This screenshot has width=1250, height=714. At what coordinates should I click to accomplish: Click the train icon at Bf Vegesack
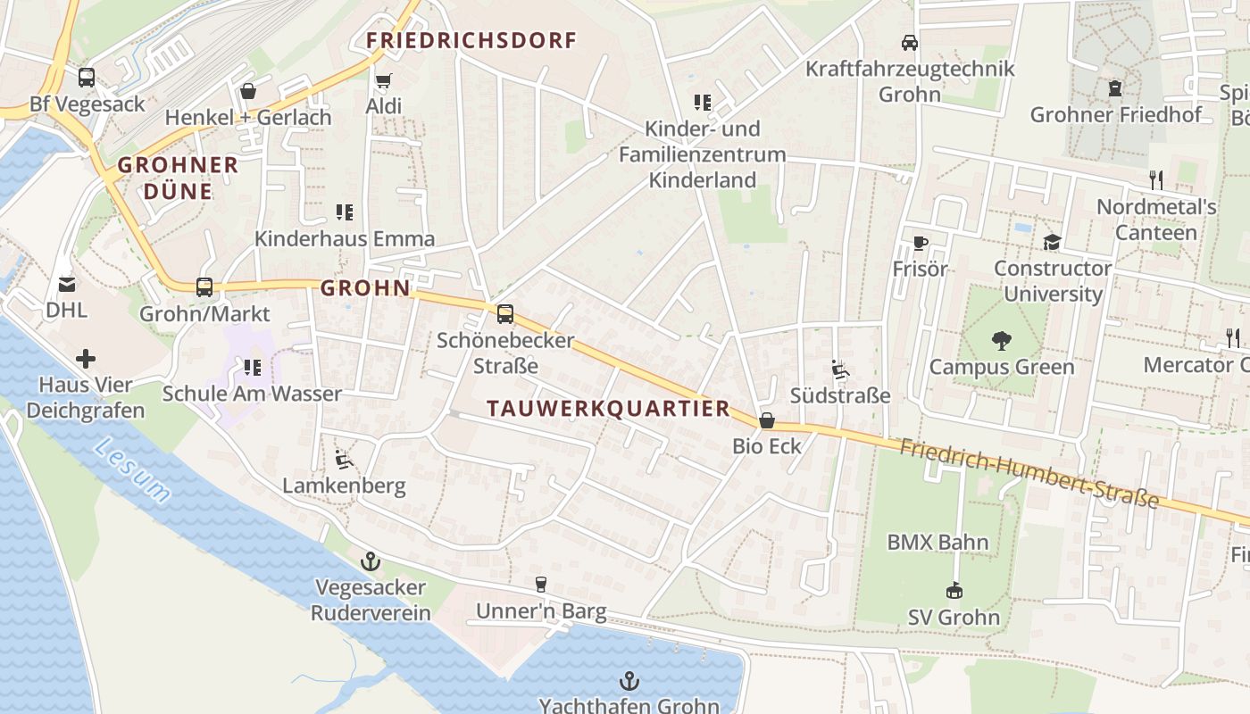87,78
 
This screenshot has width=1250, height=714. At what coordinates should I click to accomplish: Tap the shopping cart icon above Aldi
384,81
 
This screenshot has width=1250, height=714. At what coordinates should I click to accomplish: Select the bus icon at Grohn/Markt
204,287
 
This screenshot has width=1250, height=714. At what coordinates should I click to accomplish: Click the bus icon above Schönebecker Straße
505,314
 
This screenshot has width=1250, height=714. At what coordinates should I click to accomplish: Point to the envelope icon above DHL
67,285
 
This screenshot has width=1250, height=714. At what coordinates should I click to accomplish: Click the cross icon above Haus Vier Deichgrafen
86,359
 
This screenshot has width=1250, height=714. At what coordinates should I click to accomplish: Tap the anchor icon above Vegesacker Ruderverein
370,561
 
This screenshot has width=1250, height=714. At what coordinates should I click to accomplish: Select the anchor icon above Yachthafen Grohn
629,681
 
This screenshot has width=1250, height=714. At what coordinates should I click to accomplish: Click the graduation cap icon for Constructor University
1053,242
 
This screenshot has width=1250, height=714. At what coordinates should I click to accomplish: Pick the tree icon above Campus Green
1001,340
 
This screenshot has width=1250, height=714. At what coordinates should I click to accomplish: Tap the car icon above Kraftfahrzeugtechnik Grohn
910,42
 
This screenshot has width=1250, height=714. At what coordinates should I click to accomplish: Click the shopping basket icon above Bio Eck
767,420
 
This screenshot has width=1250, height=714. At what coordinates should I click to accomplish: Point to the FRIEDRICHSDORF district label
471,40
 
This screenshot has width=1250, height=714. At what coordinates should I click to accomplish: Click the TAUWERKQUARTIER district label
609,409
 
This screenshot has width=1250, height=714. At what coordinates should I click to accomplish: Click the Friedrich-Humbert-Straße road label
1028,473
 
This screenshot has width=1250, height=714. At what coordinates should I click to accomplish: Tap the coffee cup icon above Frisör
920,243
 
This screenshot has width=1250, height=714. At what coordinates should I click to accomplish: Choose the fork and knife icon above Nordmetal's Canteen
1156,180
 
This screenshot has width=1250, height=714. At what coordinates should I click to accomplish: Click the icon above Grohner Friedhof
1115,88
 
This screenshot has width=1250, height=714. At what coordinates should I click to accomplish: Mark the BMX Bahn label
937,542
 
